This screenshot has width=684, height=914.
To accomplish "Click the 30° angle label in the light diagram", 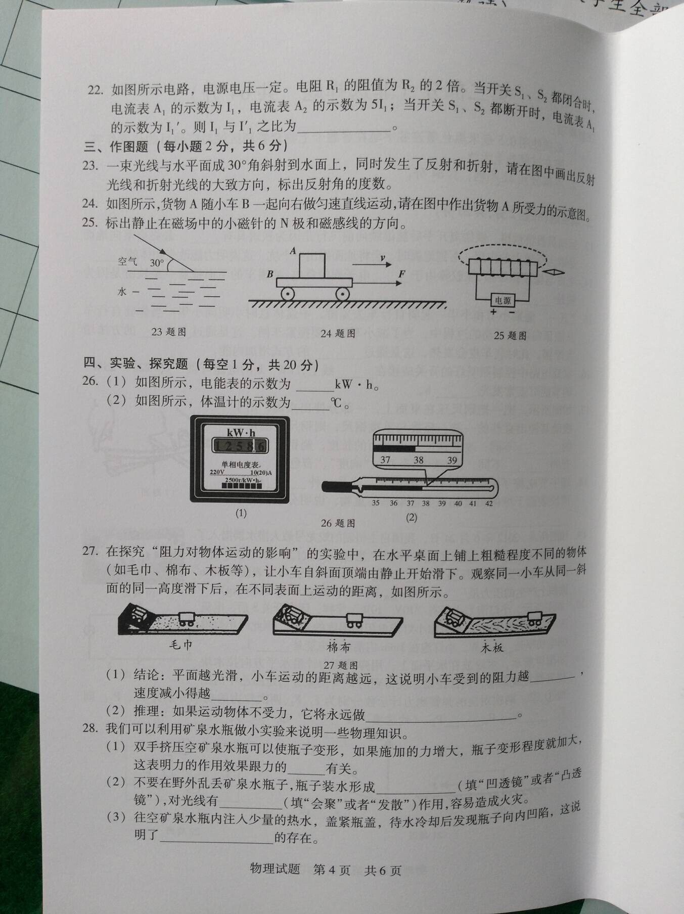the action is coord(157,263).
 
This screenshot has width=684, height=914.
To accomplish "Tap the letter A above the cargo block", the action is coord(293,250).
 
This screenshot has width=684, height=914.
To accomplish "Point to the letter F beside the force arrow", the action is coord(401,274).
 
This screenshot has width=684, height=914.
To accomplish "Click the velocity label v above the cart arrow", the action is coord(383,258).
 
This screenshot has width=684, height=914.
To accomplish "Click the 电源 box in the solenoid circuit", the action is coord(503,300).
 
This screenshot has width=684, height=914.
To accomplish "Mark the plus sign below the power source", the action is coord(493,312).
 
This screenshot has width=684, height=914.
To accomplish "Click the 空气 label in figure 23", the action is coord(127,261).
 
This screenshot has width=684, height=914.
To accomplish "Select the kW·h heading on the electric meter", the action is coord(241,433).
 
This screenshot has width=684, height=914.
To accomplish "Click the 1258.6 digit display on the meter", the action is coord(240,446).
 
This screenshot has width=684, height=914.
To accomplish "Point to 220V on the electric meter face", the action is coord(217,473).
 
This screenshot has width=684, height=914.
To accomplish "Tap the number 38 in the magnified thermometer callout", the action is coord(419,460).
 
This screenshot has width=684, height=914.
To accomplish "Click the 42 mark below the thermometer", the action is coord(488,503).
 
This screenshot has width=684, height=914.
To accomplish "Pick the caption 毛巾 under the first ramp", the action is coord(180,645).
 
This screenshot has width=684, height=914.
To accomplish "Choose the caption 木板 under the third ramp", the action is coord(492,648).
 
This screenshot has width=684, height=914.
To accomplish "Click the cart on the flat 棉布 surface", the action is coord(354,620).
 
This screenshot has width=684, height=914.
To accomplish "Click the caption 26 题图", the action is coord(338,523).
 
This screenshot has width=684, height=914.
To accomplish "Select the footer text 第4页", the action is coord(332,870).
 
